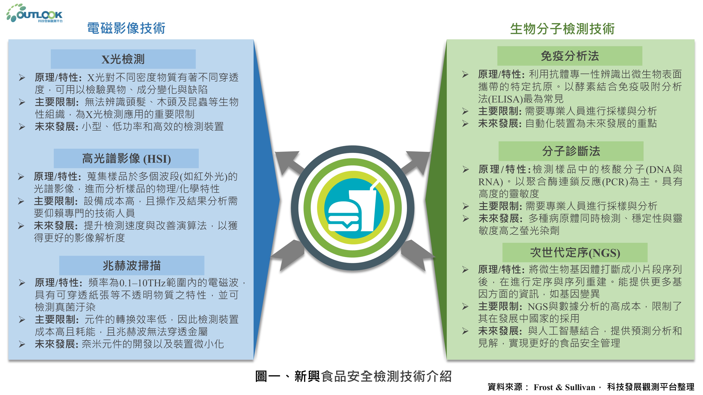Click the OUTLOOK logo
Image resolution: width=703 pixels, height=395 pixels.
pyautogui.click(x=35, y=13)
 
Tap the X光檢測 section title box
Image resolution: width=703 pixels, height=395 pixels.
pyautogui.click(x=123, y=59)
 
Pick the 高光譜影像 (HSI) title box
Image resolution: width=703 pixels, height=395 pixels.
pyautogui.click(x=126, y=158)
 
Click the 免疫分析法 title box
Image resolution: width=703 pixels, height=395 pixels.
pyautogui.click(x=570, y=56)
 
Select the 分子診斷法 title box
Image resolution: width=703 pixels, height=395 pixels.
pyautogui.click(x=571, y=151)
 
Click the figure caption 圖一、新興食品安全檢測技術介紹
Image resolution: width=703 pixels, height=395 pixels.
pyautogui.click(x=353, y=376)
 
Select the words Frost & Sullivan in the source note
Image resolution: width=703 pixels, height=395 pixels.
pyautogui.click(x=564, y=387)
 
